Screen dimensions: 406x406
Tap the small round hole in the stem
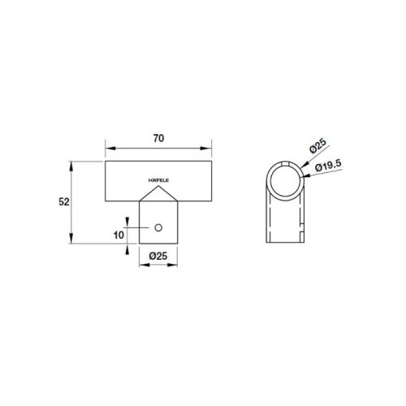[160, 228]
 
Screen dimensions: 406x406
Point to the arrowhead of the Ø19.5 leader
[302, 174]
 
